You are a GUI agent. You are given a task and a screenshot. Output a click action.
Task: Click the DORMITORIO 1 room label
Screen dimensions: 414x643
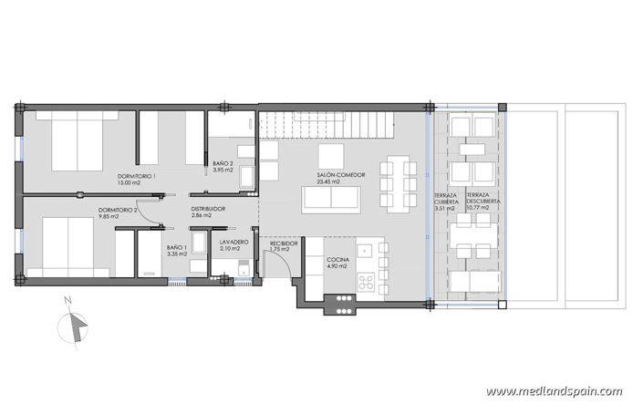pos(138,175)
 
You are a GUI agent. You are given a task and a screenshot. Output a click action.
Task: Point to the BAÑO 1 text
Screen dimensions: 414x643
pos(177,247)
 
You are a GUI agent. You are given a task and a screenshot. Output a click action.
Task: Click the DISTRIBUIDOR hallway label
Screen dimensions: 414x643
pos(208,210)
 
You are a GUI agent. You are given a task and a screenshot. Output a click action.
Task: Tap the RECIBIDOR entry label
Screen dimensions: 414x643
pos(284,243)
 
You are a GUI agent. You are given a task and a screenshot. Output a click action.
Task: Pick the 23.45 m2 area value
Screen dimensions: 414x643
pos(328,181)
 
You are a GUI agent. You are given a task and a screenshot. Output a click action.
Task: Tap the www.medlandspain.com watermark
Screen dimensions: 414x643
pos(554,391)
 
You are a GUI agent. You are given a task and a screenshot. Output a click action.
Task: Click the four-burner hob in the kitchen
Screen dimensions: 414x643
pos(368,282)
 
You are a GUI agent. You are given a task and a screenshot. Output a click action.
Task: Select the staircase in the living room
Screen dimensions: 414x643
pos(325,124)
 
